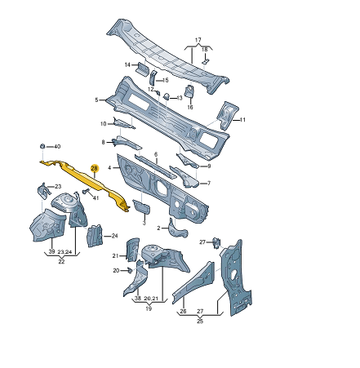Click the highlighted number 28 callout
click(x=94, y=169)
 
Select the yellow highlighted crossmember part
click(x=87, y=182)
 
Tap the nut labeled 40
click(x=42, y=146)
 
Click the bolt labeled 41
click(x=86, y=191)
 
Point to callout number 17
click(x=198, y=40)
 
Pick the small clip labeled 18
click(x=205, y=61)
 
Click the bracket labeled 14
click(x=142, y=68)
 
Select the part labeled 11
click(x=228, y=115)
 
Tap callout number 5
click(x=96, y=100)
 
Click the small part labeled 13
click(x=167, y=96)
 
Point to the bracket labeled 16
click(x=189, y=91)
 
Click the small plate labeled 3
click(x=141, y=206)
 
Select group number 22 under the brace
click(x=61, y=261)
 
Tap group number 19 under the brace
click(x=149, y=308)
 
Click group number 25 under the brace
click(x=200, y=321)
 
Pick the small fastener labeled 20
click(x=130, y=270)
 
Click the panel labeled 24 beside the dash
click(x=95, y=236)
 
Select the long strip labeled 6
click(x=155, y=166)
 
